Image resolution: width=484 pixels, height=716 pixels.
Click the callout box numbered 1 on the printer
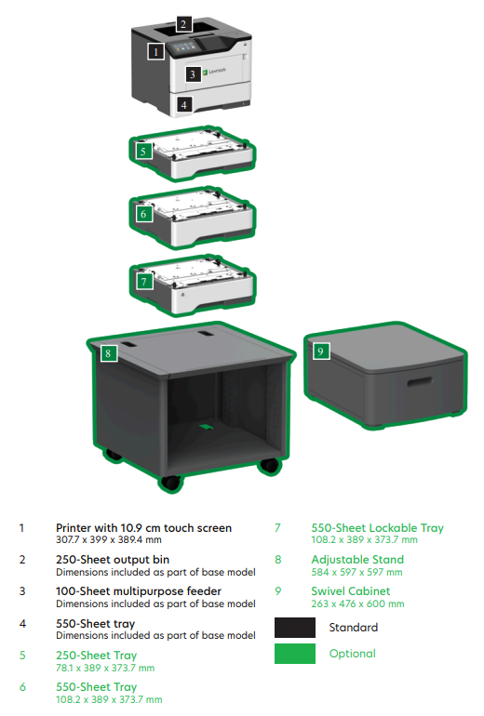click(x=155, y=51)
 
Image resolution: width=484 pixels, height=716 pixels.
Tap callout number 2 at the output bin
click(x=183, y=24)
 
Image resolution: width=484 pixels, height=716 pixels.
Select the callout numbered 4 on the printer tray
click(x=183, y=105)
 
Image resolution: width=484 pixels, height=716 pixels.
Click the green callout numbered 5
click(x=143, y=152)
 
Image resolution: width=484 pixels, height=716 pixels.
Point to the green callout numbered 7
click(x=144, y=282)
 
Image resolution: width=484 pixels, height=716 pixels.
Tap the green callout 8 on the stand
click(x=108, y=353)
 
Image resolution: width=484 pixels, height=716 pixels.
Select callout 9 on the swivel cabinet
click(x=321, y=351)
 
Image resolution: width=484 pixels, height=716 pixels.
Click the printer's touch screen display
click(x=182, y=46)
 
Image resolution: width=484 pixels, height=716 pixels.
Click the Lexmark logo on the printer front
click(x=214, y=71)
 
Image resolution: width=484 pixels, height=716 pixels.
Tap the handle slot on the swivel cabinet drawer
click(x=420, y=381)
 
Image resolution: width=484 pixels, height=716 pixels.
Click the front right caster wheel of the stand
click(x=269, y=465)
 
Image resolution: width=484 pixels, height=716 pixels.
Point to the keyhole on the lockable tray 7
click(x=182, y=295)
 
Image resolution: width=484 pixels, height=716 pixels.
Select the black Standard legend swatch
click(x=295, y=628)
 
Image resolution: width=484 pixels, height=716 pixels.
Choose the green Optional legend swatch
click(x=295, y=654)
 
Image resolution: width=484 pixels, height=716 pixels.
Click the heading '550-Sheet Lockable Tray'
click(x=378, y=528)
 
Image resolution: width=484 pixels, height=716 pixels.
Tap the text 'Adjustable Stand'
click(x=357, y=560)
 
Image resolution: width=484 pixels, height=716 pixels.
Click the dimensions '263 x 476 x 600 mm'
click(x=357, y=603)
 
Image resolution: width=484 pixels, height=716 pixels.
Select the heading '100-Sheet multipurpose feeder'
click(x=139, y=591)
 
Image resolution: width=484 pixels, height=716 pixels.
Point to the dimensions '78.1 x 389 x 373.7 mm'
click(x=105, y=668)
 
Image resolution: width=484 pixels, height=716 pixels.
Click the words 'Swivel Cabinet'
click(x=351, y=590)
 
